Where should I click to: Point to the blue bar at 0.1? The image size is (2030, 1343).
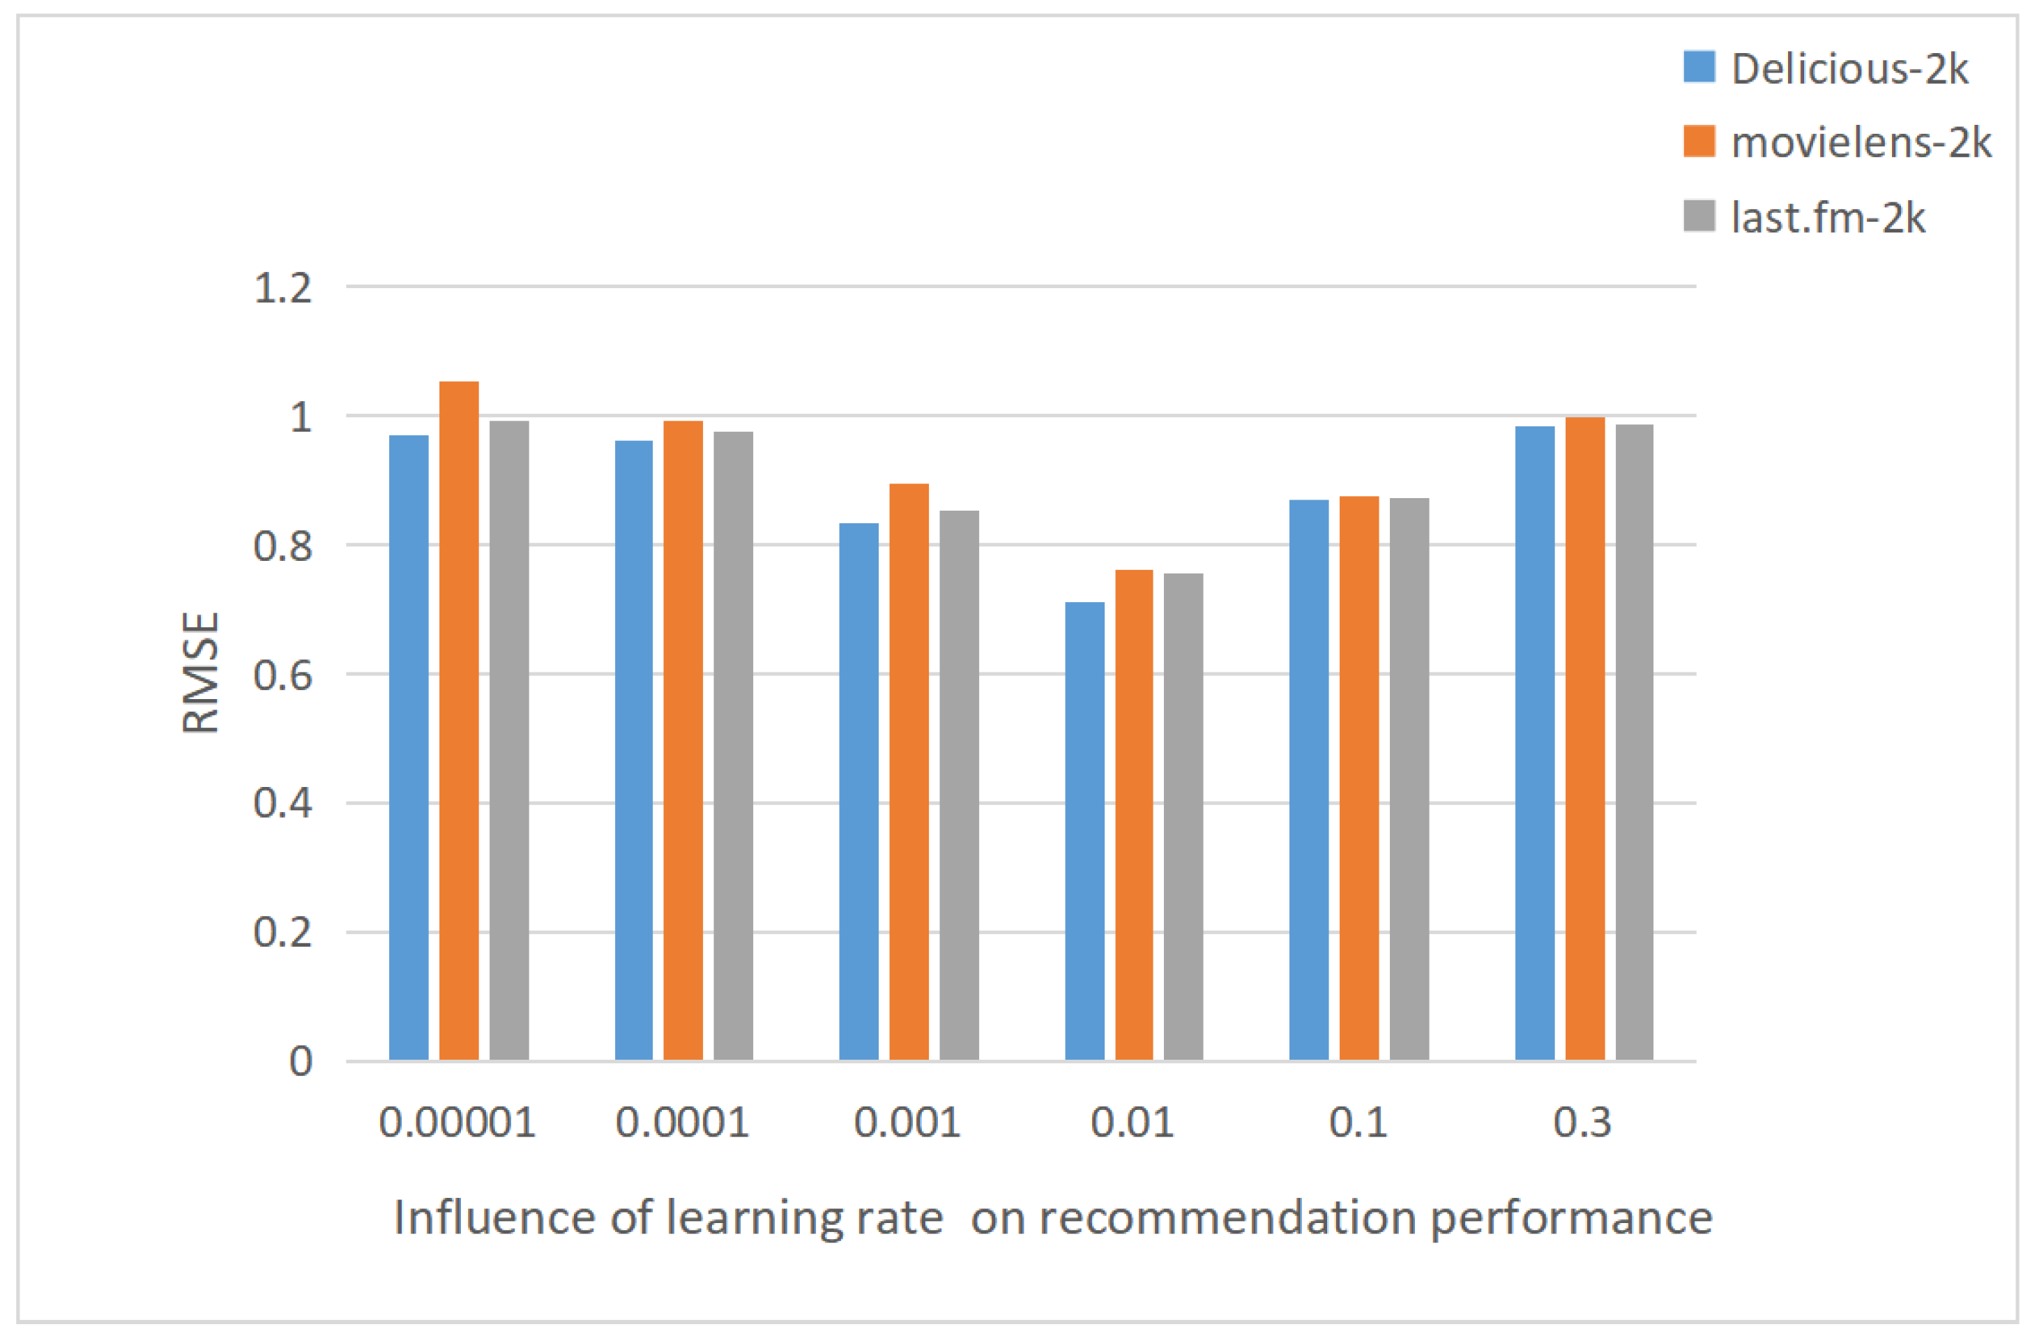click(x=1308, y=779)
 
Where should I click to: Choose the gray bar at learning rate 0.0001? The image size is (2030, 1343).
click(x=733, y=745)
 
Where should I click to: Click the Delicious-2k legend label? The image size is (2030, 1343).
click(x=1849, y=68)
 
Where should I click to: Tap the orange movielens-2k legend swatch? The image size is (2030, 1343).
click(x=1699, y=142)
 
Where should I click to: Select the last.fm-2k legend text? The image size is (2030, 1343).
click(x=1827, y=218)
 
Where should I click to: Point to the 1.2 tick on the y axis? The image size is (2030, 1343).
click(x=282, y=289)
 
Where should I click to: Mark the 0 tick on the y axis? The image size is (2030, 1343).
click(x=301, y=1062)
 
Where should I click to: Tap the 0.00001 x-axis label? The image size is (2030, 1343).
click(x=457, y=1123)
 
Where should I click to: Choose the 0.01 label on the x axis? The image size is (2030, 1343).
click(x=1132, y=1123)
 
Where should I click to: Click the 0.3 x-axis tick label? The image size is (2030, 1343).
click(x=1582, y=1123)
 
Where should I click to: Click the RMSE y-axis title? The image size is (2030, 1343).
click(x=202, y=673)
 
